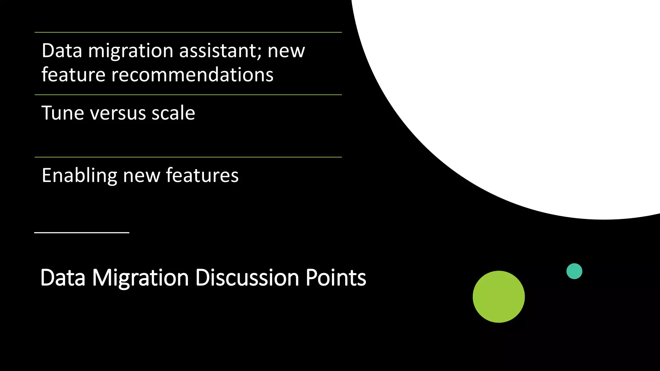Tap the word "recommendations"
(192, 75)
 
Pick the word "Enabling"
(79, 176)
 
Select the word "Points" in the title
(335, 278)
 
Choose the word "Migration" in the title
(141, 278)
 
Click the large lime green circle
(499, 297)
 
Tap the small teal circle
(574, 271)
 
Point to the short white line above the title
(82, 232)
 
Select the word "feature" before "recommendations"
(73, 75)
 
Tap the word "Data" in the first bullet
(62, 51)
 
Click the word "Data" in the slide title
(63, 278)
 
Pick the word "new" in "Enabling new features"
(141, 176)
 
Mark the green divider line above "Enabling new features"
(188, 157)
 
